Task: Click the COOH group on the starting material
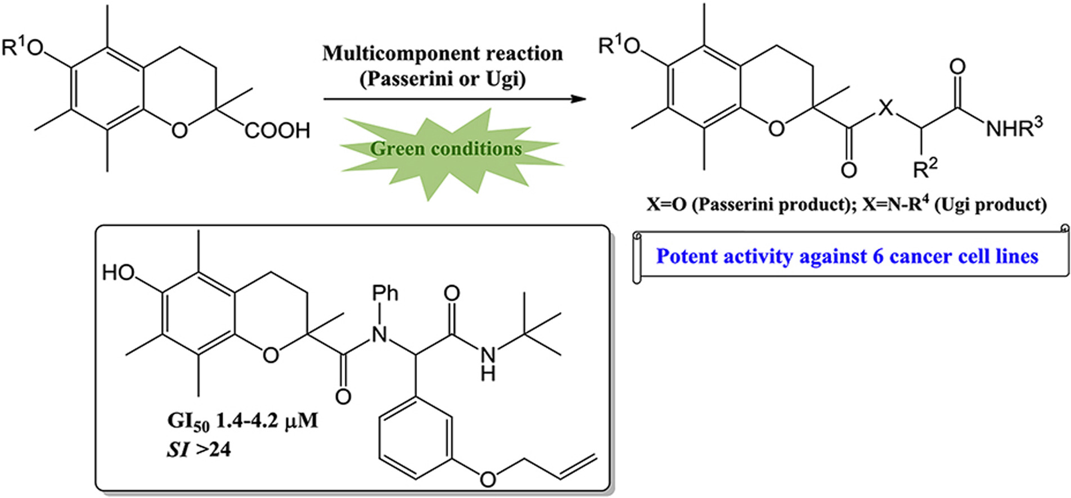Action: [x=277, y=131]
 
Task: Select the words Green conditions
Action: [x=446, y=149]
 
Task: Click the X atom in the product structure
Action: [x=886, y=107]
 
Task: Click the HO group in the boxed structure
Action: [x=118, y=273]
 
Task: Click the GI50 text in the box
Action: [x=188, y=421]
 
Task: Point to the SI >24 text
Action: [x=199, y=450]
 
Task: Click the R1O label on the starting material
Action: [x=22, y=48]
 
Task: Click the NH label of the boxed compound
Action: [x=488, y=363]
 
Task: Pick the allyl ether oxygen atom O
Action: [x=488, y=479]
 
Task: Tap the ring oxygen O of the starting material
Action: [x=179, y=130]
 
